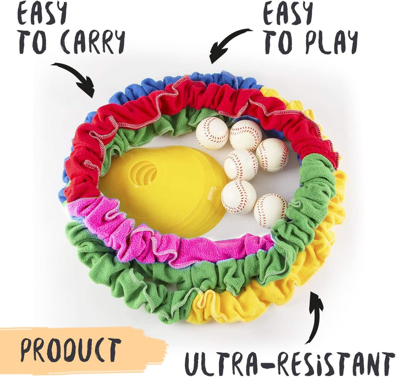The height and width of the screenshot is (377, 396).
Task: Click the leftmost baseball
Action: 211,133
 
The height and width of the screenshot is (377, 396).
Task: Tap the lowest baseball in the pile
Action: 270,210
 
